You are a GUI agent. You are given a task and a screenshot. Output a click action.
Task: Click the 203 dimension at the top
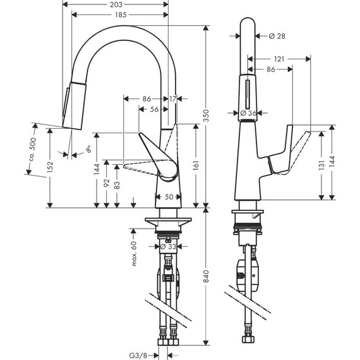[x=116, y=4]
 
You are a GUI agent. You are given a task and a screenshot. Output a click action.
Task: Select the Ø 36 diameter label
[x=248, y=113]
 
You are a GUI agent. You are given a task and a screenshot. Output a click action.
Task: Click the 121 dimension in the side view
[x=279, y=59]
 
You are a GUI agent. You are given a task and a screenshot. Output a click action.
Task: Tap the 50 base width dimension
[x=168, y=198]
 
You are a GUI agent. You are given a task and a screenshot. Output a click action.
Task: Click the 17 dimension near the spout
[x=173, y=99]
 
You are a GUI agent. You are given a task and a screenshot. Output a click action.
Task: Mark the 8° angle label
[x=88, y=151]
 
